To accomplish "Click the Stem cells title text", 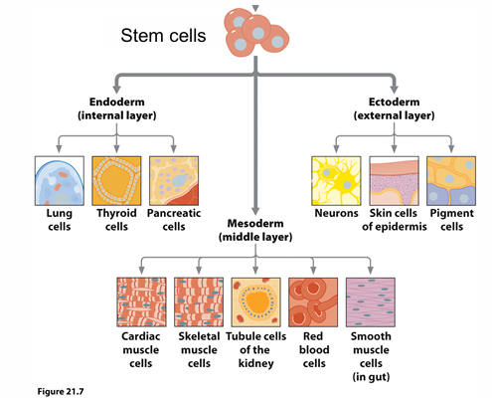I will coord(161,37).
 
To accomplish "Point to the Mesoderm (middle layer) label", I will coord(256,231).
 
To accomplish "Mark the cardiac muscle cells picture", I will coord(142,300).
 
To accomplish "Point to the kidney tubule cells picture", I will coord(256,300).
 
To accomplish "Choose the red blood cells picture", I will coord(313,300).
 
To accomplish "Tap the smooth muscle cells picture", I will coord(371,300).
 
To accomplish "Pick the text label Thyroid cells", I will coord(117,219).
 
